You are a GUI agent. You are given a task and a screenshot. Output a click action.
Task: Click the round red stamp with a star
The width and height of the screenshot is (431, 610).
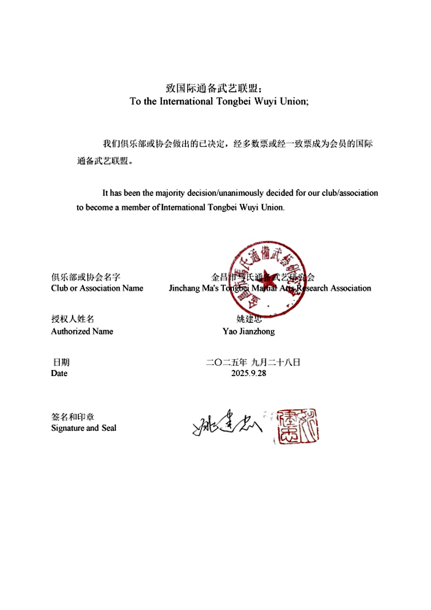[x=267, y=279]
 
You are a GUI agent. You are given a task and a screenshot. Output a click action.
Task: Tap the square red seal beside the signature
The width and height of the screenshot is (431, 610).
[x=298, y=426]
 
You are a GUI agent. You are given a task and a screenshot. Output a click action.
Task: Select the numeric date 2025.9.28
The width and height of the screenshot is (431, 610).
[x=248, y=373]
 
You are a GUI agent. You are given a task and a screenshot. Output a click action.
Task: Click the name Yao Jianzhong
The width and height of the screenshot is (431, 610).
[x=248, y=331]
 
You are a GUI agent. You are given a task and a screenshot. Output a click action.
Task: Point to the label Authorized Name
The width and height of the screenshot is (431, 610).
[x=82, y=331]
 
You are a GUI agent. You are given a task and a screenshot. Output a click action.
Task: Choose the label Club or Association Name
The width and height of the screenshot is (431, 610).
[x=97, y=288]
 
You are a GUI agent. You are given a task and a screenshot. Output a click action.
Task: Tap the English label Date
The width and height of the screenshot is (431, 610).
[x=59, y=373]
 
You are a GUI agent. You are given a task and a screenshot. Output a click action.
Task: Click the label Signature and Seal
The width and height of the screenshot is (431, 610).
[x=84, y=428]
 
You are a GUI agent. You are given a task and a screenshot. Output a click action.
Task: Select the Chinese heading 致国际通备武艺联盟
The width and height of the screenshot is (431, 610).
[x=213, y=88]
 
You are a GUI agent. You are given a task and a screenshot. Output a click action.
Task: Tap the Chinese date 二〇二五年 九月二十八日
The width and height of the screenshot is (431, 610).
[x=253, y=362]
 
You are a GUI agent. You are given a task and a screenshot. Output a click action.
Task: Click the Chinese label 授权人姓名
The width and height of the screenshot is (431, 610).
[x=73, y=319]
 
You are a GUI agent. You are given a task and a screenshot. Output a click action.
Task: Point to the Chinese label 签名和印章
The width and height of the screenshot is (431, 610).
[x=73, y=417]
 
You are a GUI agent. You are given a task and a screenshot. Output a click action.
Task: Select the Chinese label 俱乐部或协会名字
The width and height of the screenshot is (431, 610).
[x=86, y=277]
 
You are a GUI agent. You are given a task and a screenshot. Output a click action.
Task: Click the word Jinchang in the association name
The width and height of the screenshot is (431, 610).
[x=184, y=288]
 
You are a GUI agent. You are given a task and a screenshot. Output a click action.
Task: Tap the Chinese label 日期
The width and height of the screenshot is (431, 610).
[x=61, y=362]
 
